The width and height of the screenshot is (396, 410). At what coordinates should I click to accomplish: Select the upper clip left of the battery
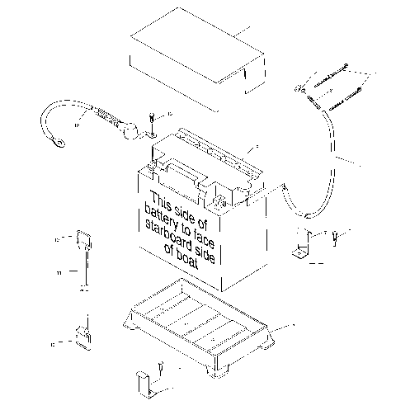point(82,240)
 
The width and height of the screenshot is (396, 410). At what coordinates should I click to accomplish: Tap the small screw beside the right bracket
point(334,239)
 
